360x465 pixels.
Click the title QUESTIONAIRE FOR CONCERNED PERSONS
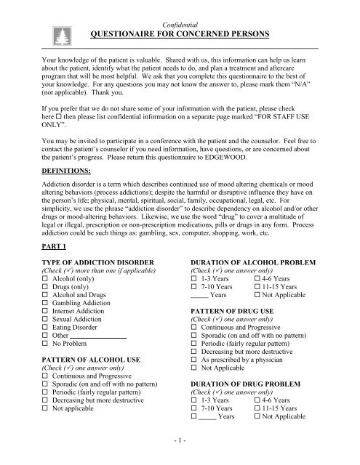coord(180,33)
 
